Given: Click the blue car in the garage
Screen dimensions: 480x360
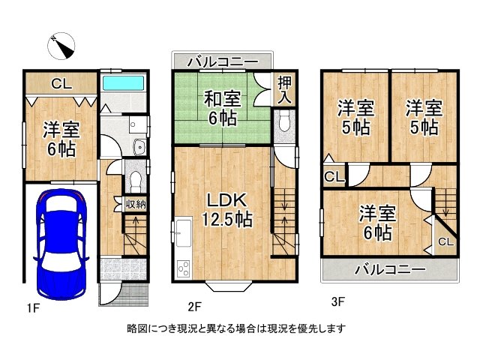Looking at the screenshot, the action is tap(61, 244).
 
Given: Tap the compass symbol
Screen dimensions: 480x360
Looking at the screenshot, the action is tap(61, 46).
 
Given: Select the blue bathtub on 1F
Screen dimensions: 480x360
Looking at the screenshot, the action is tap(123, 83).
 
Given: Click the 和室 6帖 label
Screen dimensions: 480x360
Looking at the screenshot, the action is tap(223, 109).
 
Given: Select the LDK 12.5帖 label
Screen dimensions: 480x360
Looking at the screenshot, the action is tap(227, 210).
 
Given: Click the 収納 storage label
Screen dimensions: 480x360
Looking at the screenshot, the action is tap(136, 204).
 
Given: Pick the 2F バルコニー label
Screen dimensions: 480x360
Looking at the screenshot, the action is tap(223, 62).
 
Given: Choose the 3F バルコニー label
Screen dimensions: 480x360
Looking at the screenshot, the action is tap(390, 270).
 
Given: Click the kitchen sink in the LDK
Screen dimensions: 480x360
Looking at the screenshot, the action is tap(183, 232).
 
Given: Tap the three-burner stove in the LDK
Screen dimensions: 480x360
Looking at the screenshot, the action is tap(183, 268).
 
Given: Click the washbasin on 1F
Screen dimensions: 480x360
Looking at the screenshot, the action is tap(140, 148).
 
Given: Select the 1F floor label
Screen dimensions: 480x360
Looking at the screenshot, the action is tap(33, 307).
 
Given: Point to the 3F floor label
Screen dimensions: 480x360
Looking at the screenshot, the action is tap(338, 301).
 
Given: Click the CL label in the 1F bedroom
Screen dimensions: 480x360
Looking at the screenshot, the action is tap(61, 83).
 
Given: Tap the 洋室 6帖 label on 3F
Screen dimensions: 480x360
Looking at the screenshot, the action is tap(377, 223).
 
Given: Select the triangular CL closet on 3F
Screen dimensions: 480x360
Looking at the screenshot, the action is tap(445, 238).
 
